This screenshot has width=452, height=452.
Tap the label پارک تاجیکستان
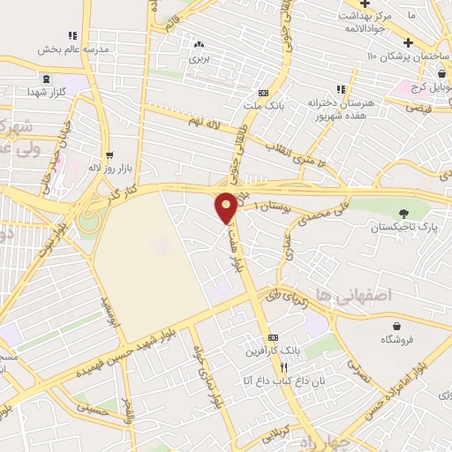click(403, 227)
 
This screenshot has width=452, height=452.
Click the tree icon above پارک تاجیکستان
click(403, 213)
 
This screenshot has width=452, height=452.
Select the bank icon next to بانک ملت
click(262, 93)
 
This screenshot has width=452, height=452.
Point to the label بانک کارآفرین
click(274, 350)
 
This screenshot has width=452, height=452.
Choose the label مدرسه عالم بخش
click(72, 49)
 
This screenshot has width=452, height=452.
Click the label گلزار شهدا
click(43, 92)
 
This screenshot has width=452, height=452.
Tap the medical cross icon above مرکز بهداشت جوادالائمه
click(364, 4)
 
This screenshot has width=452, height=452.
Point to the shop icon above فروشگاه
click(396, 326)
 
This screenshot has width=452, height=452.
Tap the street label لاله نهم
click(204, 117)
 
